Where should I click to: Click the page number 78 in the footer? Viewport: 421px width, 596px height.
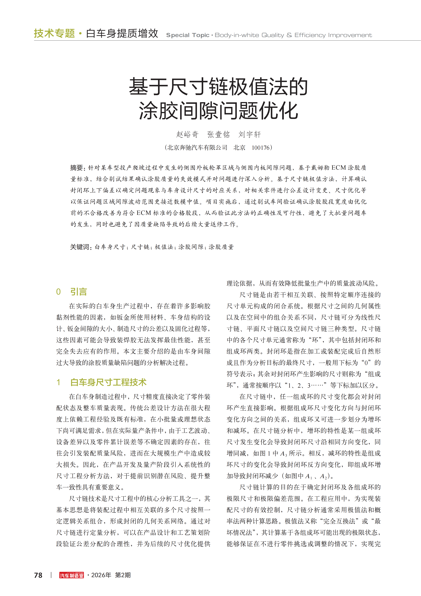[x=38, y=575]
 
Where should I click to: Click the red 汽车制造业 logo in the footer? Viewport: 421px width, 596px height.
[x=72, y=575]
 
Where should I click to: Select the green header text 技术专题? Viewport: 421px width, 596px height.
[x=54, y=33]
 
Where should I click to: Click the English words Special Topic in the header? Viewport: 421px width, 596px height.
[x=187, y=35]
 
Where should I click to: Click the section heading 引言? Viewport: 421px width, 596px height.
[x=79, y=292]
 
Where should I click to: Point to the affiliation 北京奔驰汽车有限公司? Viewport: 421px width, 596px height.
[x=197, y=148]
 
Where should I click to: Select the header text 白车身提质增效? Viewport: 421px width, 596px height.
[x=122, y=33]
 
